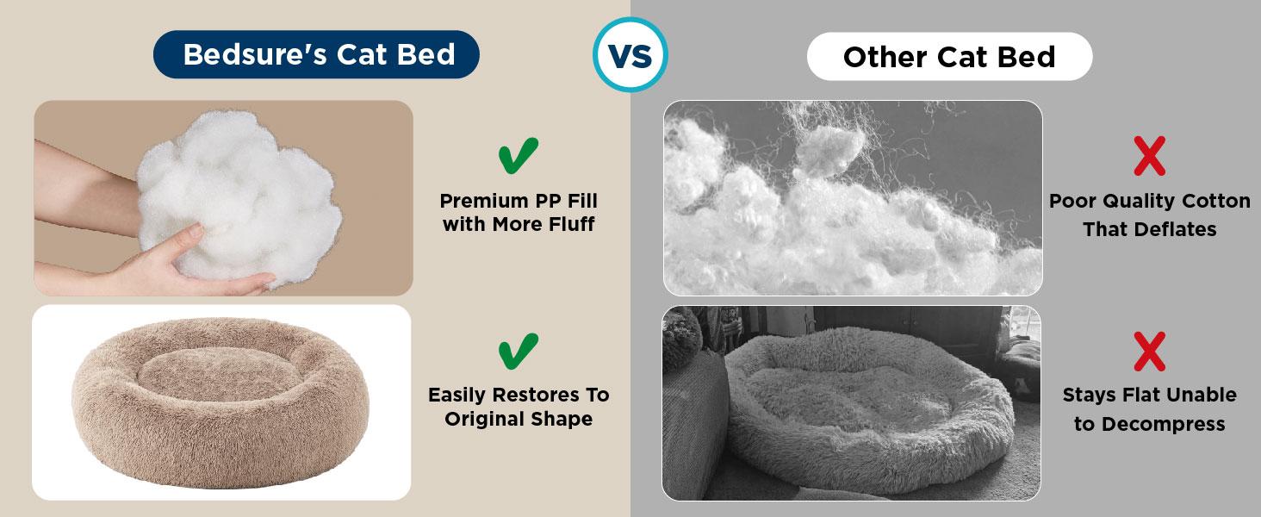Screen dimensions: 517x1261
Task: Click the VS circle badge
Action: pyautogui.click(x=630, y=54)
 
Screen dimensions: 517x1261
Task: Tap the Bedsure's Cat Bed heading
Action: pyautogui.click(x=318, y=54)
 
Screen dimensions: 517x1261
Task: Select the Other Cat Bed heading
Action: pyautogui.click(x=948, y=57)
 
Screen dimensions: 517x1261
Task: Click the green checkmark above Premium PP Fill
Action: pyautogui.click(x=519, y=156)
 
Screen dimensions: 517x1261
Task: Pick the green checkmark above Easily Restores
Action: pyautogui.click(x=519, y=351)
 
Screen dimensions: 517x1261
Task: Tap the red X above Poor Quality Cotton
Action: pyautogui.click(x=1149, y=157)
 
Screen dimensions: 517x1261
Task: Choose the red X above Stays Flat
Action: pyautogui.click(x=1149, y=352)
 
